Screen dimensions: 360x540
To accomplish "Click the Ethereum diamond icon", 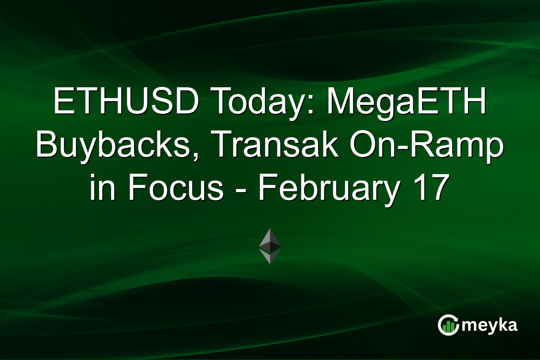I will click(x=270, y=246).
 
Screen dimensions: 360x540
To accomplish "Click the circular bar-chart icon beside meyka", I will click(x=449, y=325).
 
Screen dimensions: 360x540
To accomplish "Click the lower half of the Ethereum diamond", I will click(x=270, y=257).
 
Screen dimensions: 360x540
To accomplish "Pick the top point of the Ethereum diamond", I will click(x=270, y=229).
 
